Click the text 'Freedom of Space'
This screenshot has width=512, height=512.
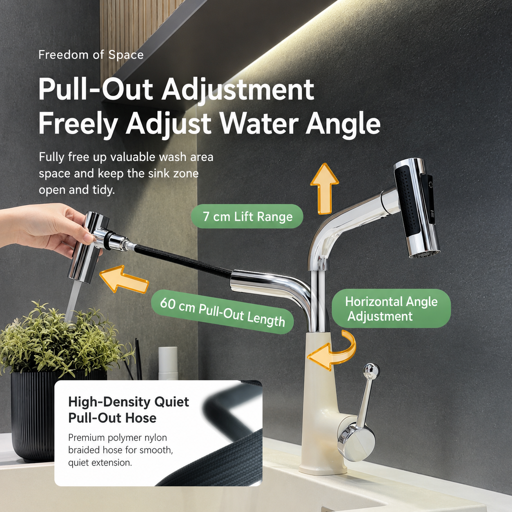click(91, 55)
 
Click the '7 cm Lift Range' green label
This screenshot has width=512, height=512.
click(247, 216)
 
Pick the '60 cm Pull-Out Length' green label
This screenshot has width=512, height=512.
click(223, 312)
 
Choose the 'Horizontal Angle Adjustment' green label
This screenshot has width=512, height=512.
click(392, 309)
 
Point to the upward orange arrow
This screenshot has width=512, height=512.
click(325, 189)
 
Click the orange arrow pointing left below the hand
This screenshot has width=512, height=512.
click(124, 279)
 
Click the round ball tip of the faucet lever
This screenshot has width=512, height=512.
click(372, 370)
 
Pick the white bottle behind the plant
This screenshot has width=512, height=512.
click(168, 363)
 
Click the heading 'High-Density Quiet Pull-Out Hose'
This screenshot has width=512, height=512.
click(129, 410)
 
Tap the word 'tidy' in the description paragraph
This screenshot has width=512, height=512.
click(105, 190)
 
